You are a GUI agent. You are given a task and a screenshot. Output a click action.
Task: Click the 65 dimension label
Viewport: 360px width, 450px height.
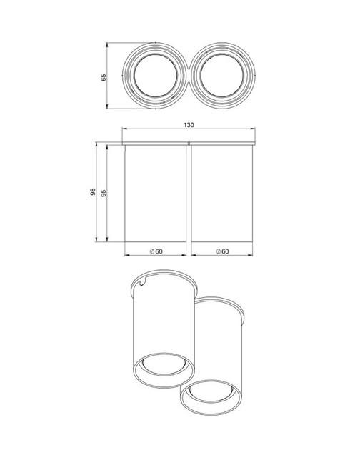(x=104, y=77)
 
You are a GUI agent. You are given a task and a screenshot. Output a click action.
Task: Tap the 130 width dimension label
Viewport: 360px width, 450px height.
(x=189, y=125)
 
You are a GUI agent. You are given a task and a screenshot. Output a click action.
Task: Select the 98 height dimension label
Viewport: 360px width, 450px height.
(x=93, y=191)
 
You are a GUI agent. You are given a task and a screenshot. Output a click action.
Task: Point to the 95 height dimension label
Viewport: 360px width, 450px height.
(x=104, y=193)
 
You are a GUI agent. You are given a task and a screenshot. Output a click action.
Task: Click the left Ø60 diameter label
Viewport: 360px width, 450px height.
(x=156, y=251)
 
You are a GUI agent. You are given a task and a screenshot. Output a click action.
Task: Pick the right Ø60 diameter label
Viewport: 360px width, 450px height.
(x=222, y=251)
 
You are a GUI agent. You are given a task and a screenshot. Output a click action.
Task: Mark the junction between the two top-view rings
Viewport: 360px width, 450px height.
(x=189, y=76)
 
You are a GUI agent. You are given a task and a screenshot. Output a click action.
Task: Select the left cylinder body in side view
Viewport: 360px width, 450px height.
(x=155, y=193)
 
